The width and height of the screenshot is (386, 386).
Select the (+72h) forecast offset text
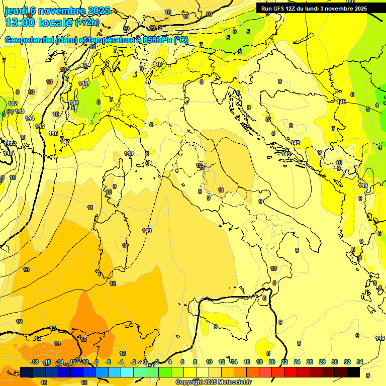point(87,23)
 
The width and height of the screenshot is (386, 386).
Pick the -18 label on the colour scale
point(35,362)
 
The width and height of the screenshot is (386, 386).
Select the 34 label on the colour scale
point(360,362)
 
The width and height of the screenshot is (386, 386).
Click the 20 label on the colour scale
point(272,362)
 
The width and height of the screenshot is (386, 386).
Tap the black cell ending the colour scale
point(353,372)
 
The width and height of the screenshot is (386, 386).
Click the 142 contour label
point(13,104)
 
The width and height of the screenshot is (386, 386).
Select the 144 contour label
point(30,118)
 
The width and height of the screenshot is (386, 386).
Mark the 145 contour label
point(40,126)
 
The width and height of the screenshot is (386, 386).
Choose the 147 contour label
point(65,142)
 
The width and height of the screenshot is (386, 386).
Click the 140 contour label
point(8,153)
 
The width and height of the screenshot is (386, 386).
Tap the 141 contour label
point(8,144)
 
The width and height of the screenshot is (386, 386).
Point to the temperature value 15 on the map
point(83,339)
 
